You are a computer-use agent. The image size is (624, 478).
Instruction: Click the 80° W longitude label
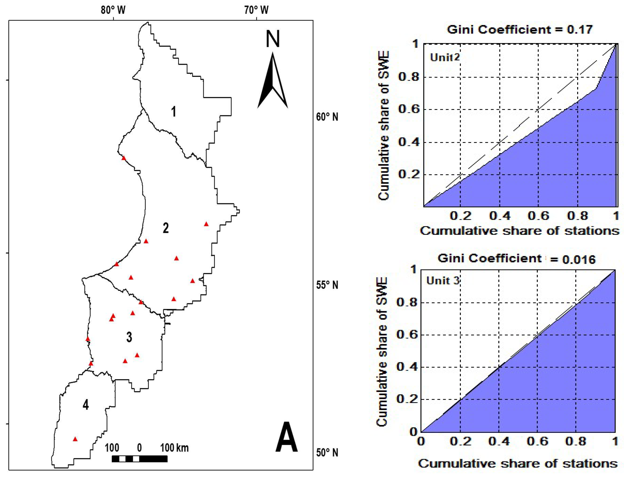113,10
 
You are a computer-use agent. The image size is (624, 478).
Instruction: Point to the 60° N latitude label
327,117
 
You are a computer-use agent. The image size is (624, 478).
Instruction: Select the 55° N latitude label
327,285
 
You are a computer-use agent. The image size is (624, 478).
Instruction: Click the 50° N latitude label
327,452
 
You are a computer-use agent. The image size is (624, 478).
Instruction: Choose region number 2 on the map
166,228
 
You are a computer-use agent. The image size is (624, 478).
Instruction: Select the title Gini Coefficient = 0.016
516,259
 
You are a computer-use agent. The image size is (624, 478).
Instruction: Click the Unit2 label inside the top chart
445,58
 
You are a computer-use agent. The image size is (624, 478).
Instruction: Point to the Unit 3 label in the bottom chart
443,281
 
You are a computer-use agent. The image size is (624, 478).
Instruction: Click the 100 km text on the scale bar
174,448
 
